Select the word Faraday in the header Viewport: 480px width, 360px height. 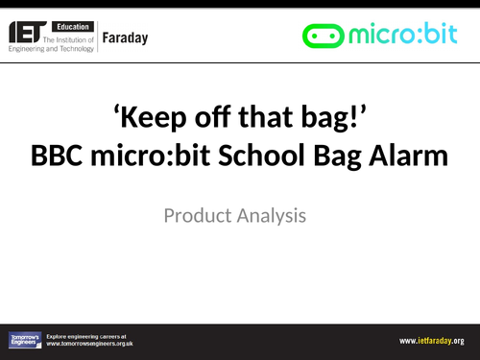(x=135, y=36)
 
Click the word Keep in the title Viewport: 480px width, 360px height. (x=159, y=119)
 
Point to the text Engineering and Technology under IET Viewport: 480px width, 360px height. (x=53, y=45)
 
